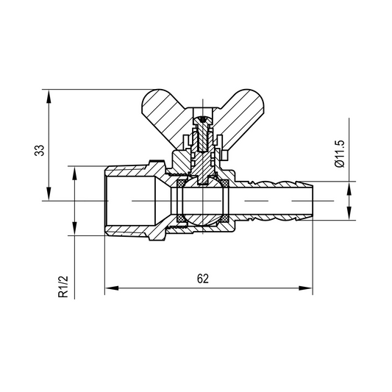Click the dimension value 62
click(x=204, y=278)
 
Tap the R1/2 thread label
click(x=65, y=285)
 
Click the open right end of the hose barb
click(x=314, y=200)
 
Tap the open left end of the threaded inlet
click(x=107, y=200)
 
